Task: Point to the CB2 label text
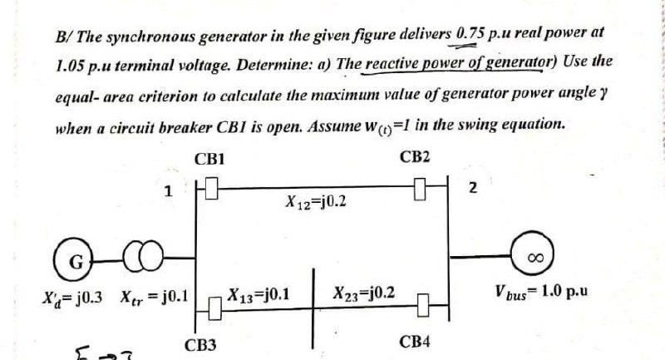[415, 157]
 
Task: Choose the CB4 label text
[415, 343]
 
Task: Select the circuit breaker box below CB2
[421, 192]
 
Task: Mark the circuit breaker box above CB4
[422, 305]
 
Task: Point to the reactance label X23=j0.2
[363, 293]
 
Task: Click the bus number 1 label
[169, 190]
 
